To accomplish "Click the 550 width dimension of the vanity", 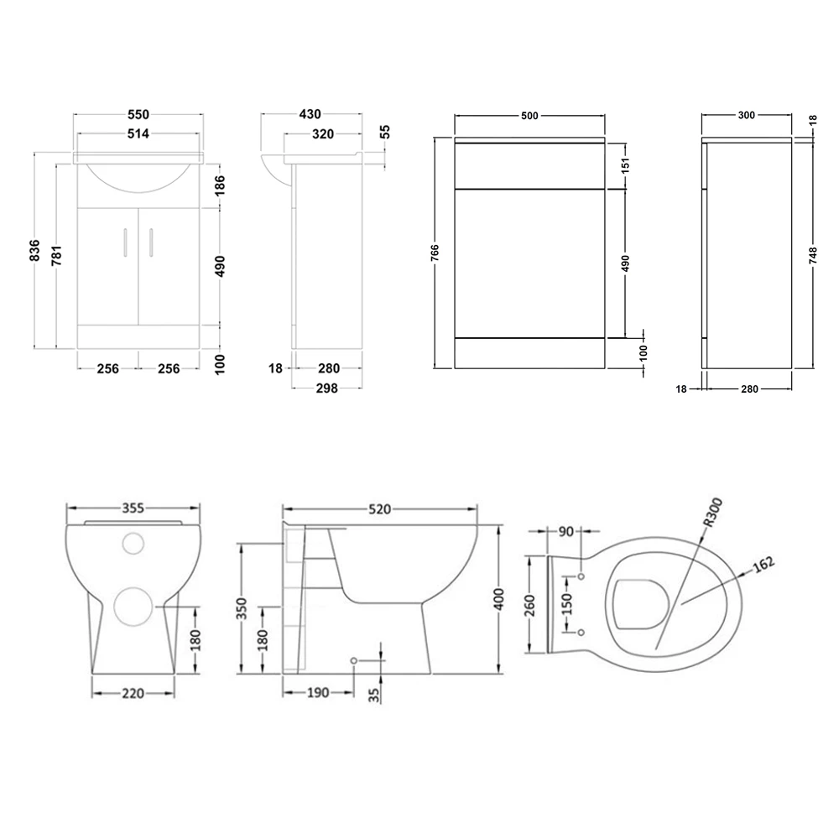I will (x=138, y=114).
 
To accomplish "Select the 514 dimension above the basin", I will (x=138, y=134).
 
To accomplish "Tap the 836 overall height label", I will (x=35, y=250).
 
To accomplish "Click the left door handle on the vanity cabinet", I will (x=124, y=241).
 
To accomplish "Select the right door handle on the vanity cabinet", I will (x=151, y=241).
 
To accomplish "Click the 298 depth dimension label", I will (x=327, y=387).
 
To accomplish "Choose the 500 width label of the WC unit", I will (x=529, y=116).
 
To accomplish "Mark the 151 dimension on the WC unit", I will (x=626, y=165).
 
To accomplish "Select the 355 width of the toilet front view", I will (x=134, y=508).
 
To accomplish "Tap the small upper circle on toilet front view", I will (x=133, y=544).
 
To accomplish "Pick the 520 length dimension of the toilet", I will (x=379, y=509).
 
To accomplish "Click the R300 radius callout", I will (x=712, y=512).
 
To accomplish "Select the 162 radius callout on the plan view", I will (x=763, y=564).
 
